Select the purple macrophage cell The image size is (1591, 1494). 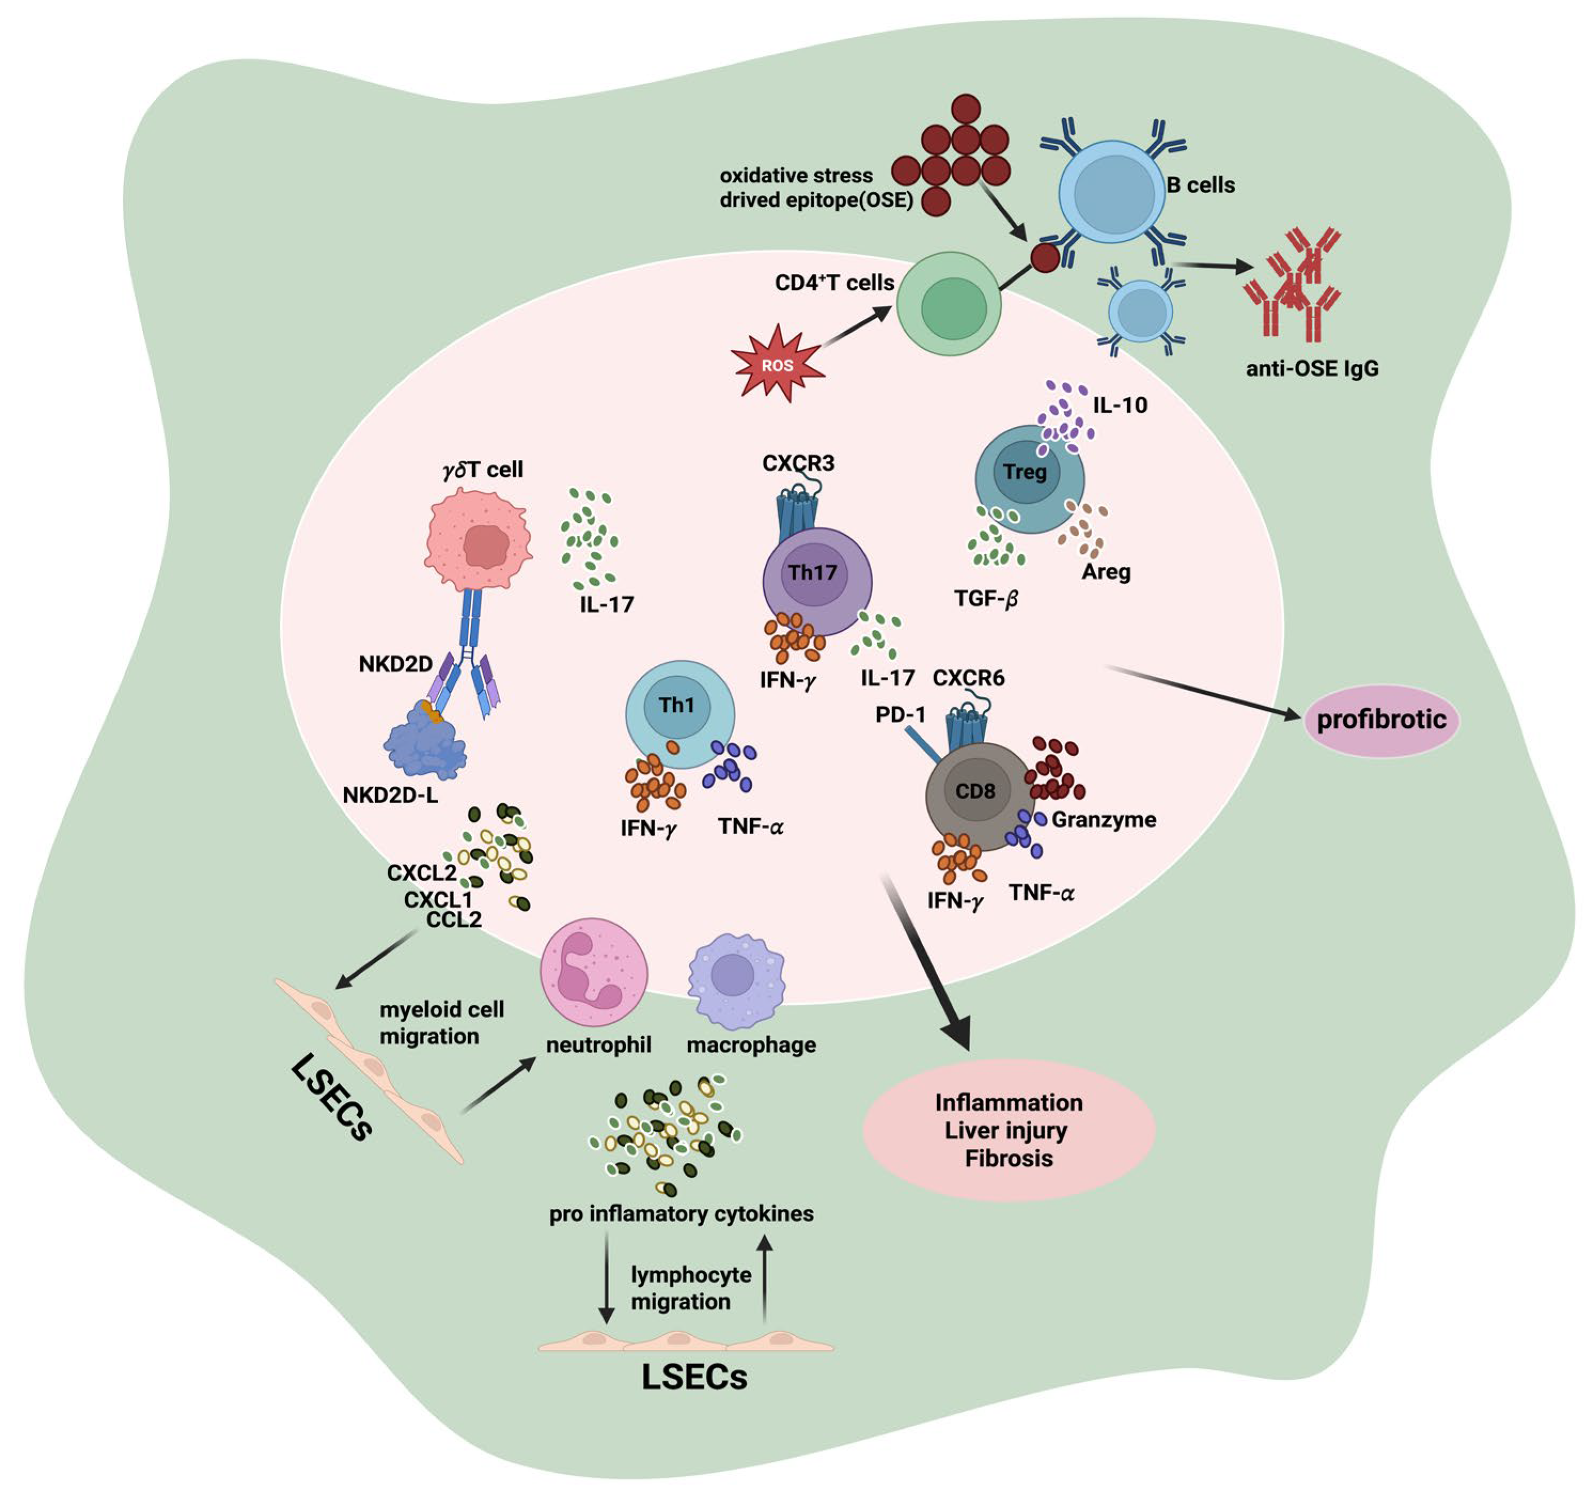coord(735,980)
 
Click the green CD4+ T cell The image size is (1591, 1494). coord(948,304)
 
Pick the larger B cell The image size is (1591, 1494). coord(1112,192)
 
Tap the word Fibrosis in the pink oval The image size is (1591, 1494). coord(1008,1158)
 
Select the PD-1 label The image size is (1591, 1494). coord(900,714)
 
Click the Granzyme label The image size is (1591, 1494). coord(1103,819)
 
